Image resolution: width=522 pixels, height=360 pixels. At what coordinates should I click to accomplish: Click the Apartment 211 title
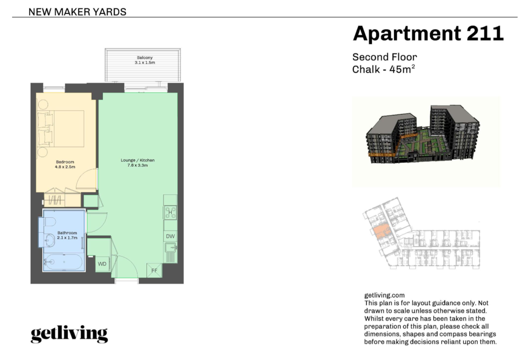tap(428, 33)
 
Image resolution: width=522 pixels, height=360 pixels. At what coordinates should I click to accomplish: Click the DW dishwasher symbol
tap(171, 236)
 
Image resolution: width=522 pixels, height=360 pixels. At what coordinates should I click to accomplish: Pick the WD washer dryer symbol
tap(102, 264)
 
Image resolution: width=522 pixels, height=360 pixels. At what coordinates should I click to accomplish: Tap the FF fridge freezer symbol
tap(155, 271)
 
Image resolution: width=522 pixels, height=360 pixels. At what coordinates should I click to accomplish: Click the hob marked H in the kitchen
tap(170, 213)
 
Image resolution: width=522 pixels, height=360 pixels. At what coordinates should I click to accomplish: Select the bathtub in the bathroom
tap(63, 262)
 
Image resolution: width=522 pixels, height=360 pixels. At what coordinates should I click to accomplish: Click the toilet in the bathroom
tap(48, 222)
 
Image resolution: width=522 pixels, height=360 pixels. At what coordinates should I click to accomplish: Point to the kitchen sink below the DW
tap(171, 248)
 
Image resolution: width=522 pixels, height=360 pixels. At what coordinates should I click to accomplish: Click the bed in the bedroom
tap(61, 129)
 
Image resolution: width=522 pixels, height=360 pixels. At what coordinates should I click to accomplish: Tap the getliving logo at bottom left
tap(69, 334)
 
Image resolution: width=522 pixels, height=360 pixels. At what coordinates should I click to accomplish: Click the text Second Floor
tap(385, 57)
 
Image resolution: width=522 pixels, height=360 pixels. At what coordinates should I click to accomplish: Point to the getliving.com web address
tap(385, 295)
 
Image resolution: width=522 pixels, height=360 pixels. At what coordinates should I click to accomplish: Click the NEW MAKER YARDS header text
tap(77, 12)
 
